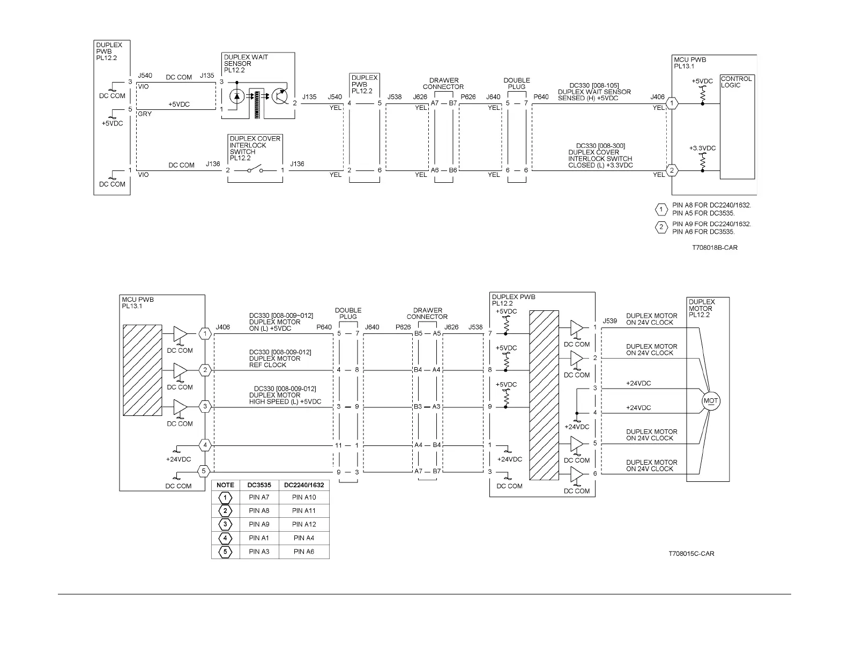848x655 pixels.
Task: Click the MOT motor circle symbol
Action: coord(710,401)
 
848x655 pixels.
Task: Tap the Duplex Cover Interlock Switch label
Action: coord(255,148)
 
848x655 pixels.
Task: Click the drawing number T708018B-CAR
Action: coord(714,248)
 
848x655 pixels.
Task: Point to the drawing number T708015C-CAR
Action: coord(691,553)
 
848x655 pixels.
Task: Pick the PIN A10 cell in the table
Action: coord(304,497)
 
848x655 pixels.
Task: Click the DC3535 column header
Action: coord(259,485)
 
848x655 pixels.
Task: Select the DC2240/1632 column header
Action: coord(304,485)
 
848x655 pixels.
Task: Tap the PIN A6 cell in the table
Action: coord(304,552)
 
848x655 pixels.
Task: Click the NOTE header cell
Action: coord(225,485)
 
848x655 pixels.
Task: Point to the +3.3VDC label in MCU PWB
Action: coord(702,148)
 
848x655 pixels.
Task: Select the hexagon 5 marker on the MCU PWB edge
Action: coord(204,472)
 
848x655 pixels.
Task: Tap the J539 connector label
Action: coord(610,321)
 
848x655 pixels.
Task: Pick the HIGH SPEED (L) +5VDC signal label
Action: coord(285,401)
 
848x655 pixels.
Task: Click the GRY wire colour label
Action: coord(145,114)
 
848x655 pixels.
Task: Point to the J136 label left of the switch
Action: coord(213,164)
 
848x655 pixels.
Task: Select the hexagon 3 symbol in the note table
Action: coord(225,524)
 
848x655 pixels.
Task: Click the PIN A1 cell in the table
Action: coord(259,538)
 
